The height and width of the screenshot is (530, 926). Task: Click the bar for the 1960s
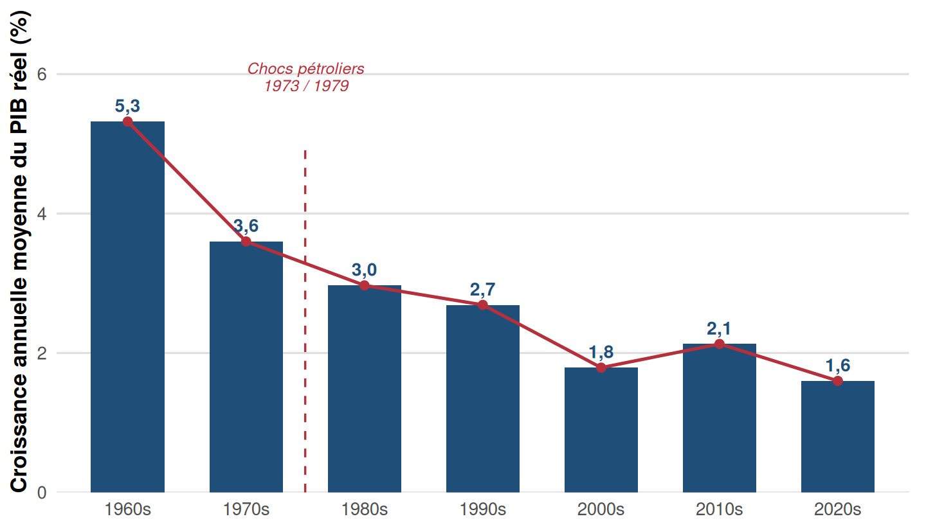coord(128,306)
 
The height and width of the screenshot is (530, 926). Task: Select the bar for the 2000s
coord(601,430)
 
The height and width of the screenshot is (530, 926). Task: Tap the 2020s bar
coord(837,436)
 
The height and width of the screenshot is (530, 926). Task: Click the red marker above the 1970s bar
coord(246,242)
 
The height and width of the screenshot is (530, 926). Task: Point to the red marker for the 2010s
coord(720,344)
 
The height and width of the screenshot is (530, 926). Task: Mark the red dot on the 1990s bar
coord(482,305)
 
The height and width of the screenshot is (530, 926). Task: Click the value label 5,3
coord(127,106)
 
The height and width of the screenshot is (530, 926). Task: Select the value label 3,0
coord(364,270)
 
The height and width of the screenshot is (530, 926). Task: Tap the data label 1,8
coord(601,352)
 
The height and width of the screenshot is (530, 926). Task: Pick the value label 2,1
coord(719,328)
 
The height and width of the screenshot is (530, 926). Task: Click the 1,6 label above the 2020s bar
coord(837,365)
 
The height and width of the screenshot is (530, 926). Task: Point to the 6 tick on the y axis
coord(42,75)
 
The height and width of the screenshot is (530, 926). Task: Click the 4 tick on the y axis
coord(42,213)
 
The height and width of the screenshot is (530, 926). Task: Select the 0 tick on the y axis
coord(42,492)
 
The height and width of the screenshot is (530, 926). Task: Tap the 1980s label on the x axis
coord(364,509)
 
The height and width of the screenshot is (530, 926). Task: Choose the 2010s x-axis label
coord(720,509)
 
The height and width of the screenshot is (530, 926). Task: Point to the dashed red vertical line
coord(305,321)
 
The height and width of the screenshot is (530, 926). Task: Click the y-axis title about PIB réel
coord(19,251)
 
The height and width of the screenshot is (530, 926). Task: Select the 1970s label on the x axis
coord(246,509)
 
